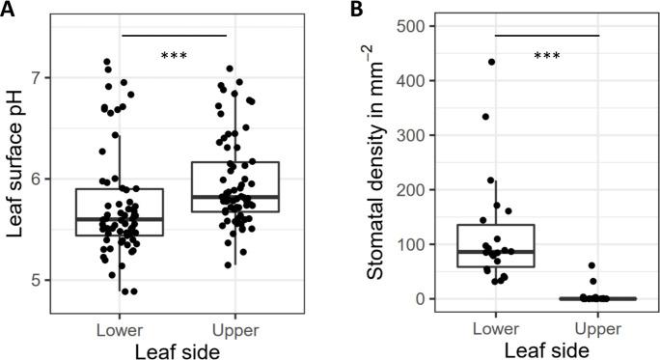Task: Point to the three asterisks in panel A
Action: point(175,57)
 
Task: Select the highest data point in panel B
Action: point(491,62)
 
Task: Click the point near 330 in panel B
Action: point(485,117)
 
